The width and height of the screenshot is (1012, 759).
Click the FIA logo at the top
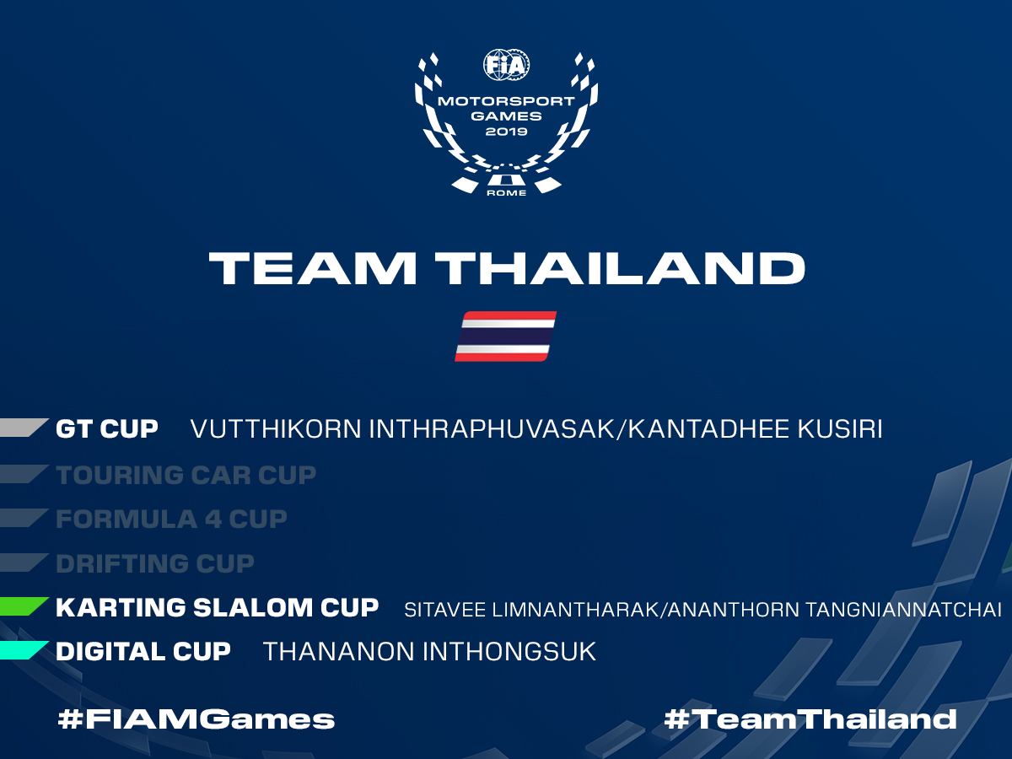pos(506,65)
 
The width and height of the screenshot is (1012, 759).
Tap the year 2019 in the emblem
pos(506,132)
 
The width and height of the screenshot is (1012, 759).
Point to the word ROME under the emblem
pos(506,192)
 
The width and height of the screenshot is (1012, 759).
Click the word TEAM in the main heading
pos(313,268)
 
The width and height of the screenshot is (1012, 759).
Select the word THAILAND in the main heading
pos(620,268)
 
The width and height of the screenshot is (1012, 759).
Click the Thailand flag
pos(506,336)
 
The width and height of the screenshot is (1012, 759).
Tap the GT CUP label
pos(107,428)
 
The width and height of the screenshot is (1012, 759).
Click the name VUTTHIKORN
pos(276,429)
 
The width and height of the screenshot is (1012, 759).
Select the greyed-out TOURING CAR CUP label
pos(186,475)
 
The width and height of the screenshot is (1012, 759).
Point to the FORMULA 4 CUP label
pos(171,519)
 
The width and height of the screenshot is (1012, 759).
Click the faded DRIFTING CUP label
pos(155,563)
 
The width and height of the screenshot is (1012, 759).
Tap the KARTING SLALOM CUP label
pos(217,607)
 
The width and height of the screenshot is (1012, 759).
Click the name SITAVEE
pos(445,610)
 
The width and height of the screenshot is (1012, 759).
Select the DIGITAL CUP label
pos(143,652)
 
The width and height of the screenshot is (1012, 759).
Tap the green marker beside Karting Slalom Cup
pos(23,606)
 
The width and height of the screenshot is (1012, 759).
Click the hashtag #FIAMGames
pos(196,719)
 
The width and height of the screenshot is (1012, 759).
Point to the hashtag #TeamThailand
pos(810,719)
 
